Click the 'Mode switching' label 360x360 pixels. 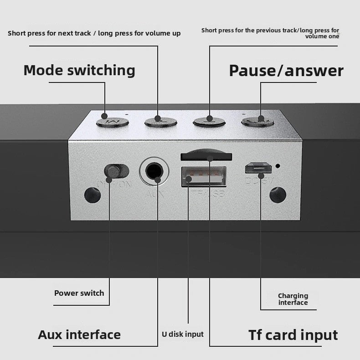coord(79,70)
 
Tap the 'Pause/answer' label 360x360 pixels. coord(286,71)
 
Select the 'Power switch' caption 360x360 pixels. coord(79,293)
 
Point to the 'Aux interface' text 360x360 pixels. coord(79,334)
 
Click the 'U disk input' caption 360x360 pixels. coord(183,334)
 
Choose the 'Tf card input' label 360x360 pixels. coord(293,335)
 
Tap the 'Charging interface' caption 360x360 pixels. coord(293,299)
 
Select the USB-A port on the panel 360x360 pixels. coord(204,177)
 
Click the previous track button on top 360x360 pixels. coord(209,121)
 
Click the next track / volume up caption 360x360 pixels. coord(94,33)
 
